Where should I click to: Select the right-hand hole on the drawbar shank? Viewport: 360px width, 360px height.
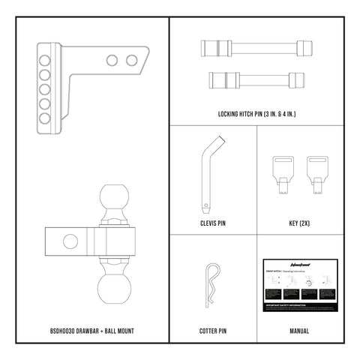coord(132,60)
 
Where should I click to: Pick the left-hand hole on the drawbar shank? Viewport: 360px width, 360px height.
coord(112,60)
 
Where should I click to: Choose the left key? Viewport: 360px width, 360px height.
coord(283,169)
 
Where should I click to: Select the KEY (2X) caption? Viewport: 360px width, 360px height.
coord(299,223)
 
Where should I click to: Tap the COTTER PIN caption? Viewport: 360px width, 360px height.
coord(214,329)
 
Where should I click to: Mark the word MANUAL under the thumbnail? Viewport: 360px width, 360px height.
coord(299,329)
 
